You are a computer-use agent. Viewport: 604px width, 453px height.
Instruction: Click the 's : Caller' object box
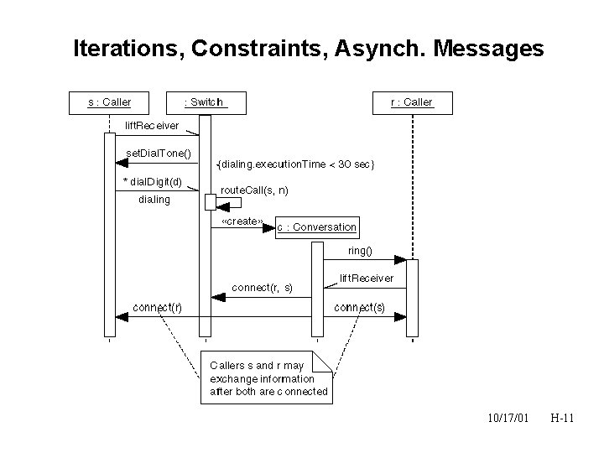[x=109, y=102]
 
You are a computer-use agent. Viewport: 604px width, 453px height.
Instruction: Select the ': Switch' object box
[x=205, y=102]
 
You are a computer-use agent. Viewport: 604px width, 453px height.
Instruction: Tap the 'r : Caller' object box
[x=412, y=102]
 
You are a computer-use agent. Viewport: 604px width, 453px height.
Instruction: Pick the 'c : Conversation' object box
[x=316, y=227]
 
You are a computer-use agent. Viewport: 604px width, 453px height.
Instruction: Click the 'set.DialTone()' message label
[x=159, y=154]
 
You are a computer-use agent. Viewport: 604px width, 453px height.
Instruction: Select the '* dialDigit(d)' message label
[x=153, y=182]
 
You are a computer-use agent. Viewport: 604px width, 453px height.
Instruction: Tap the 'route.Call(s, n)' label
[x=255, y=190]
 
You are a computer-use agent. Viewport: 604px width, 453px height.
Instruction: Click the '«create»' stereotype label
[x=242, y=222]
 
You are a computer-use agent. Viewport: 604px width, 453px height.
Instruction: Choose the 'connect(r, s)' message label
[x=263, y=287]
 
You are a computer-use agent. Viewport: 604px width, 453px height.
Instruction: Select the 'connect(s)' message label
[x=360, y=307]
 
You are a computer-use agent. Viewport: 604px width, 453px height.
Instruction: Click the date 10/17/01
[x=508, y=417]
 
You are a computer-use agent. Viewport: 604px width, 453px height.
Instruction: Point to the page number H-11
[x=561, y=417]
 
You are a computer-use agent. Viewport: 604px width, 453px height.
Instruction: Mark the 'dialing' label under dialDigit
[x=154, y=200]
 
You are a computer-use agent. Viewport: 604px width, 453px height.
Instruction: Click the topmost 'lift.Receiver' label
[x=151, y=125]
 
